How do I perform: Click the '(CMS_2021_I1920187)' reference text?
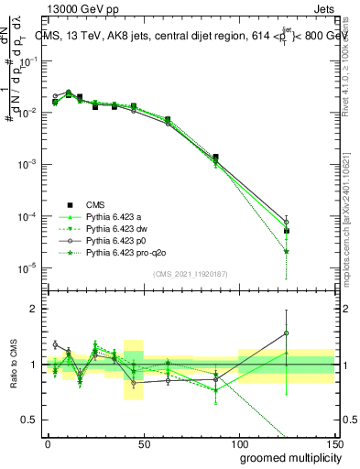coord(190,273)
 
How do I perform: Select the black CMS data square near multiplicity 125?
coord(287,231)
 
